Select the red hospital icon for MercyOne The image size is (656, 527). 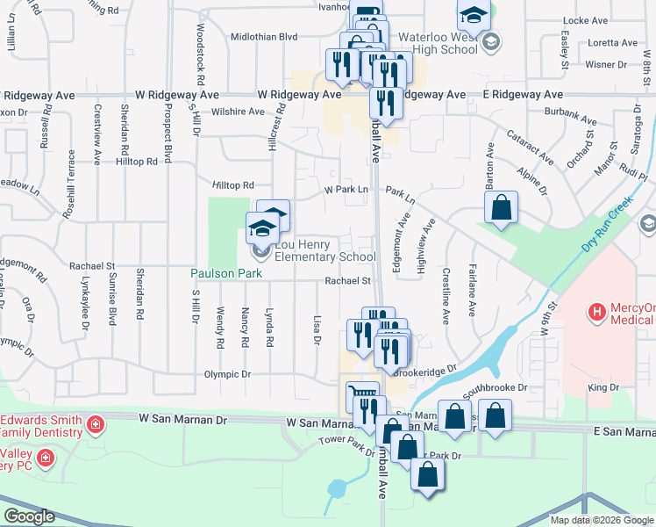(x=597, y=311)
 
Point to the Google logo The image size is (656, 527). (x=29, y=516)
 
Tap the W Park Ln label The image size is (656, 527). (x=345, y=190)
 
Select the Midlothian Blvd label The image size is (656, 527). (x=264, y=37)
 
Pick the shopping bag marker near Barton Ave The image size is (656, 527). (x=501, y=208)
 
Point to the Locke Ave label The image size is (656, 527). (x=587, y=19)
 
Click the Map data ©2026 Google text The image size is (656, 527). (x=602, y=520)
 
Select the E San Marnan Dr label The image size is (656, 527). (x=624, y=431)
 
